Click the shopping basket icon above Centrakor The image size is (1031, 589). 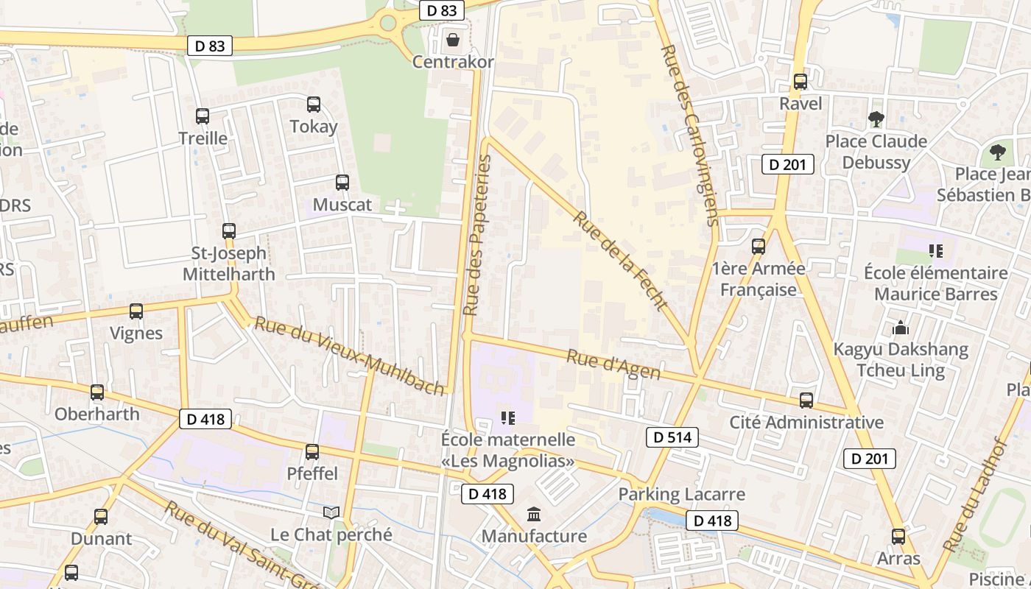tap(452, 38)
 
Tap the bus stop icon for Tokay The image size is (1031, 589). tap(314, 105)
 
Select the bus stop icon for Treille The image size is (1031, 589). tap(203, 116)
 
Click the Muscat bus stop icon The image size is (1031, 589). tap(342, 183)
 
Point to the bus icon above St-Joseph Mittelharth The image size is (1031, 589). tap(229, 231)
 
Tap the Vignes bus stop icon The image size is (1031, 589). tap(136, 311)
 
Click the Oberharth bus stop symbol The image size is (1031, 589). tap(97, 392)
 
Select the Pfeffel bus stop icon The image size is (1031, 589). tap(312, 452)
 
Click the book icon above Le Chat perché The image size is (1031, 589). tap(331, 512)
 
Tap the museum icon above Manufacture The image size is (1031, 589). tap(534, 514)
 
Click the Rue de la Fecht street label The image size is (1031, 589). tap(622, 261)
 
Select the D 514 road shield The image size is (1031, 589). tap(672, 437)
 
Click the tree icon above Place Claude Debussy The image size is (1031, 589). tap(876, 119)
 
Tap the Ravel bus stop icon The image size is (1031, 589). tap(800, 82)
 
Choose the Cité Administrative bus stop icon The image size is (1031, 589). tap(806, 401)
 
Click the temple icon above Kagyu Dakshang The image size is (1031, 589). tap(900, 328)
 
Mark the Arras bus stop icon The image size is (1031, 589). tap(898, 537)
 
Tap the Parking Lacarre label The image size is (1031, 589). tap(682, 494)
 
